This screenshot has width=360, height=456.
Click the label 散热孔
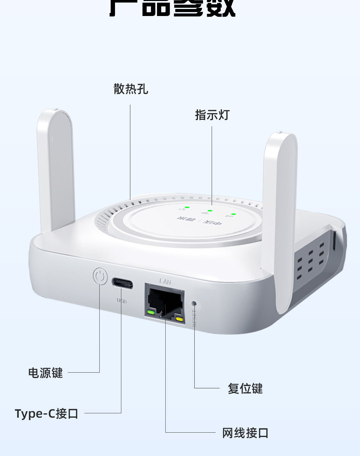pyautogui.click(x=131, y=89)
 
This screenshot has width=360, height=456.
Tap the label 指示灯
pyautogui.click(x=212, y=115)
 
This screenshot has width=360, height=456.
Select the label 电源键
pyautogui.click(x=45, y=373)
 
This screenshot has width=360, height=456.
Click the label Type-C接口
pyautogui.click(x=47, y=414)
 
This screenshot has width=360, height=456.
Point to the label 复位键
pyautogui.click(x=245, y=389)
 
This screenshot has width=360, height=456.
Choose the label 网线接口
pyautogui.click(x=245, y=433)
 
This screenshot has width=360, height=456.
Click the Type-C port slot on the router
pyautogui.click(x=122, y=283)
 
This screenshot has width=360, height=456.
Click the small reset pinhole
pyautogui.click(x=194, y=303)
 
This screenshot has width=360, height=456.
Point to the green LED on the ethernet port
pyautogui.click(x=151, y=312)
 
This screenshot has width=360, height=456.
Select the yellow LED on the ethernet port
pyautogui.click(x=180, y=319)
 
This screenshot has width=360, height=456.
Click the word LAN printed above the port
pyautogui.click(x=165, y=281)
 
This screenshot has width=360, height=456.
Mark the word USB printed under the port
pyautogui.click(x=122, y=301)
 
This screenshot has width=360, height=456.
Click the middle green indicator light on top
pyautogui.click(x=210, y=211)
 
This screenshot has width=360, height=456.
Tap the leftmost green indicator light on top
pyautogui.click(x=187, y=207)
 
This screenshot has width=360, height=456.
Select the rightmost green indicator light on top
pyautogui.click(x=233, y=214)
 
